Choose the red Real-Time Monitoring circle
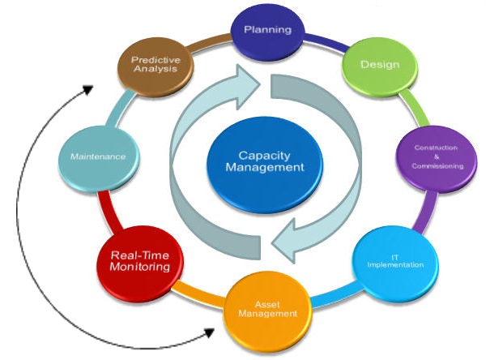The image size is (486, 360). [140, 260]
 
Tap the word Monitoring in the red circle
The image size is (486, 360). [140, 267]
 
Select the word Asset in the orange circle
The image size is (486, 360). [267, 303]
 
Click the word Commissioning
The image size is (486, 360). [438, 166]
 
